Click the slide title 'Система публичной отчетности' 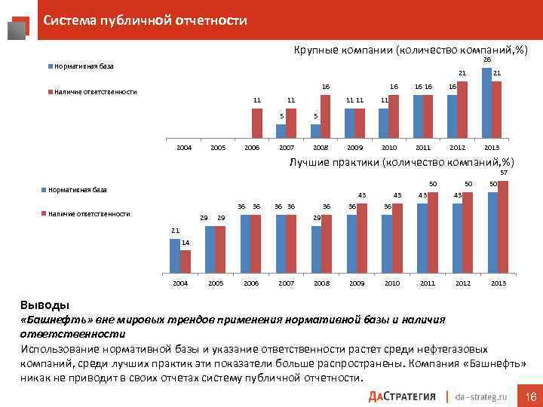[x=145, y=20]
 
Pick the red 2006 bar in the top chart [x=256, y=124]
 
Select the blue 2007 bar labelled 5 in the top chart [x=281, y=131]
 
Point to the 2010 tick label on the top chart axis [x=390, y=148]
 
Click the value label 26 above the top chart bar [x=486, y=60]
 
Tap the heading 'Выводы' [x=43, y=306]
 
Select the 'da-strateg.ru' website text [x=483, y=396]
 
